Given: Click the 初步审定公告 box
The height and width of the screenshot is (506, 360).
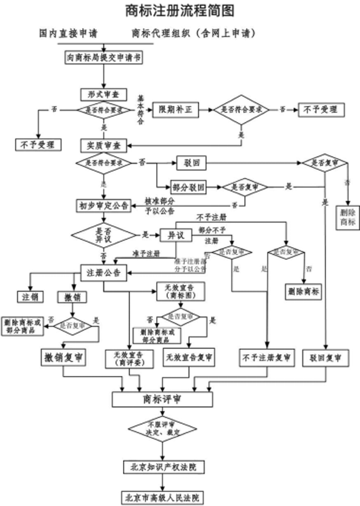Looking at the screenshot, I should [x=104, y=206].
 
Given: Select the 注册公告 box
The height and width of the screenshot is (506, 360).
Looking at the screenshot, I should [x=104, y=272].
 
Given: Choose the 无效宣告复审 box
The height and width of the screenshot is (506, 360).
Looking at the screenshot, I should [x=188, y=358].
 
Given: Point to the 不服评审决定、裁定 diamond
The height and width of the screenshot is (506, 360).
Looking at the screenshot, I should [x=163, y=428].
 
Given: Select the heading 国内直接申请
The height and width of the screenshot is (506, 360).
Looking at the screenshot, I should [x=69, y=34].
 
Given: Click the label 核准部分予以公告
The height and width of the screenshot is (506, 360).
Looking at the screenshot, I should [x=161, y=205].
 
